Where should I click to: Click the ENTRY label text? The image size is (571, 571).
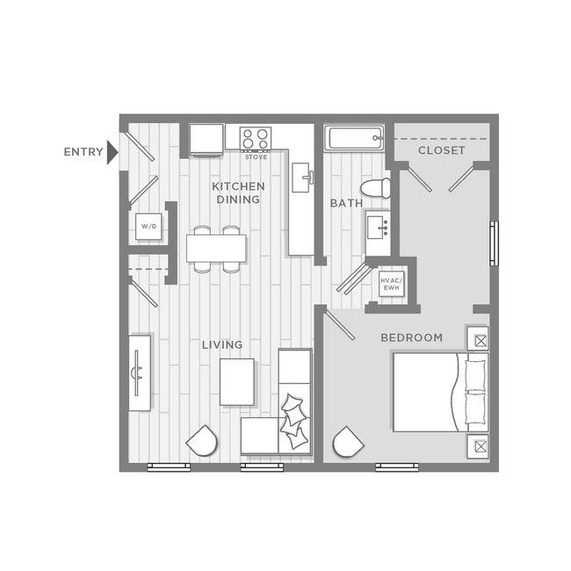pyautogui.click(x=83, y=152)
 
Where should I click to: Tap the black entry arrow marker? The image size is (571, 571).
pyautogui.click(x=112, y=152)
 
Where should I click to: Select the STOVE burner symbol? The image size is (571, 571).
pyautogui.click(x=256, y=139)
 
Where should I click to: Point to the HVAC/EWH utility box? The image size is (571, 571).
pyautogui.click(x=390, y=283)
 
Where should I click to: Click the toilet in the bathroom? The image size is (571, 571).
pyautogui.click(x=378, y=187)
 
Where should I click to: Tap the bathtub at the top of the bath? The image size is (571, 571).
pyautogui.click(x=354, y=138)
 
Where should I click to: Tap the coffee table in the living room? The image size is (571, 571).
pyautogui.click(x=237, y=382)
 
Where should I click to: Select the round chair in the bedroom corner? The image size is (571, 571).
pyautogui.click(x=348, y=442)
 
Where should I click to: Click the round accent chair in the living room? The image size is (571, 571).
pyautogui.click(x=202, y=440)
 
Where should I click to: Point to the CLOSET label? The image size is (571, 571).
pyautogui.click(x=441, y=151)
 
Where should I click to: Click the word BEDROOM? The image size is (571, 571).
pyautogui.click(x=411, y=338)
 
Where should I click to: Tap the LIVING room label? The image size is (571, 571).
pyautogui.click(x=222, y=345)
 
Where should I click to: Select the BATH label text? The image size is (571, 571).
pyautogui.click(x=346, y=204)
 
